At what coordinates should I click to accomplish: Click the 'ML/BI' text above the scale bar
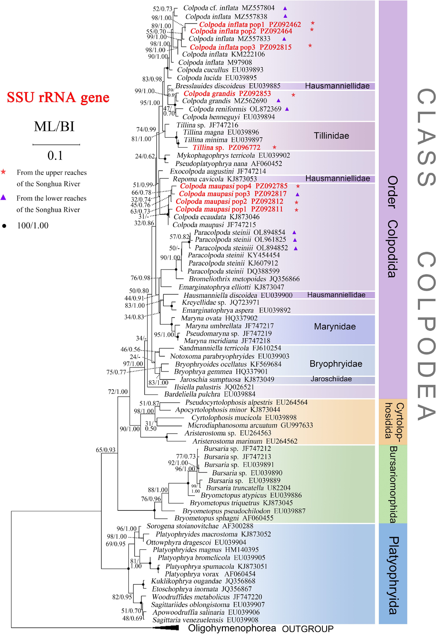coord(54,127)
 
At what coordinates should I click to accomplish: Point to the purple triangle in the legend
coord(3,197)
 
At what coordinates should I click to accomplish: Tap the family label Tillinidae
coord(331,136)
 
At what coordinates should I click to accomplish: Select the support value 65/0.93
coord(105,450)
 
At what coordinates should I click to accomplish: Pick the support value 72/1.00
coord(118,392)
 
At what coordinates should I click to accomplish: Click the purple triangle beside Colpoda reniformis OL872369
coord(287,109)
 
